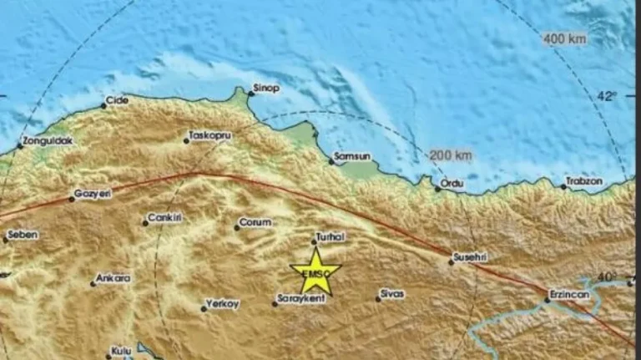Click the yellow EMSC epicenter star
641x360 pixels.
315,271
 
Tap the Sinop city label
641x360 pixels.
267,89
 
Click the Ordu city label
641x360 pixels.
452,183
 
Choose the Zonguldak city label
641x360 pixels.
49,141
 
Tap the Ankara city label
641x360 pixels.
113,279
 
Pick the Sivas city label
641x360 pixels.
391,293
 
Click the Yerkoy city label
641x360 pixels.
222,304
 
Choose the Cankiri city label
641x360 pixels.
164,218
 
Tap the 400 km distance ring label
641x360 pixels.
565,38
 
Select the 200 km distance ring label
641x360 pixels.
452,155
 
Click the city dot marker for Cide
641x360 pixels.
103,106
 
